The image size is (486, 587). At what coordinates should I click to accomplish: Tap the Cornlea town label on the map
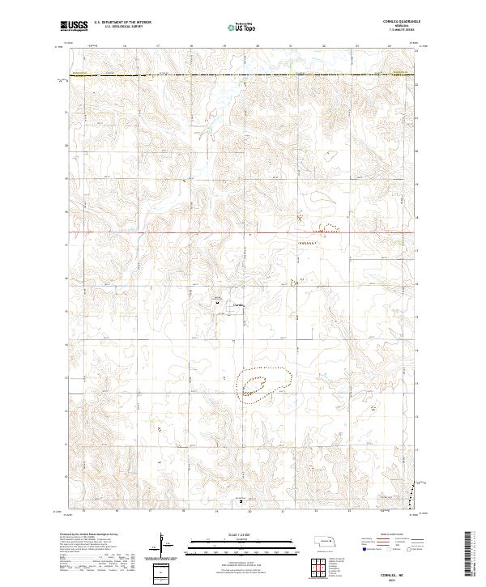coord(239,304)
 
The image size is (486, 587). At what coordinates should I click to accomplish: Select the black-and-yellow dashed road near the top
coord(243,76)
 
